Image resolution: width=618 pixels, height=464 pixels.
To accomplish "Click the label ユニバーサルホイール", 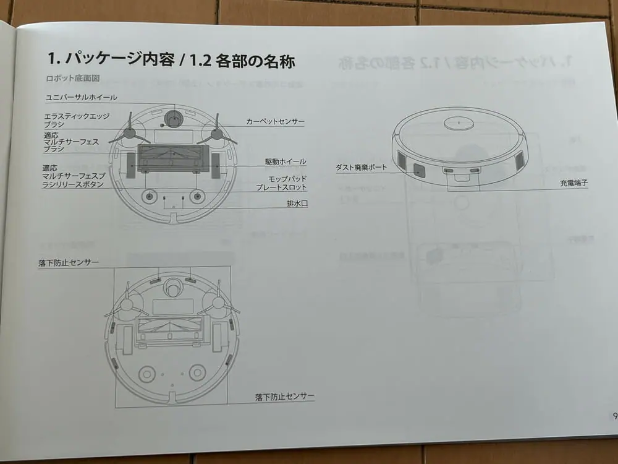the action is coord(81,97).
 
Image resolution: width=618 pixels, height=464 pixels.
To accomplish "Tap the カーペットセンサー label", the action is coord(275,121).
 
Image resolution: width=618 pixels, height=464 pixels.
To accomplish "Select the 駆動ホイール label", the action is coord(286,161).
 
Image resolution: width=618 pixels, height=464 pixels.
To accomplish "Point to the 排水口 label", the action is coord(297,204).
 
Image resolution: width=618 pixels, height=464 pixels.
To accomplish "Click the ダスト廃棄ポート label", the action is coord(361,167).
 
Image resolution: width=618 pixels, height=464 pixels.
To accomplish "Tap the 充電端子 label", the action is coord(574,183).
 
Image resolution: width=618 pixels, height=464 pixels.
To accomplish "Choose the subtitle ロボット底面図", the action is coord(72,78).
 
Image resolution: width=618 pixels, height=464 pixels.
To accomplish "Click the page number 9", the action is coord(615,416).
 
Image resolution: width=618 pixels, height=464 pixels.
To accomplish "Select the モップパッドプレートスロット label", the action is coord(281,183).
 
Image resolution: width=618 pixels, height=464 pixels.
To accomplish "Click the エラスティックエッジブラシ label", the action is coord(77,120).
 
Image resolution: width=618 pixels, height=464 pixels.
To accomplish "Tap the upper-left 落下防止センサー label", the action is coord(69,262).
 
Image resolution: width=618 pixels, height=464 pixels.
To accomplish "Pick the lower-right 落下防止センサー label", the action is coord(284,396).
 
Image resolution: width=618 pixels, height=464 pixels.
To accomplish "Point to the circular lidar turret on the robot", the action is coord(459,122).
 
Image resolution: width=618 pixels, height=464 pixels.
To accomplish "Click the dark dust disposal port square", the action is coord(419,171).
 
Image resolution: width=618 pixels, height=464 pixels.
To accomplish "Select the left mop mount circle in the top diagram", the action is coord(149,196).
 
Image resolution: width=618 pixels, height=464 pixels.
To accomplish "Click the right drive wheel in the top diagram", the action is coord(216,166).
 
